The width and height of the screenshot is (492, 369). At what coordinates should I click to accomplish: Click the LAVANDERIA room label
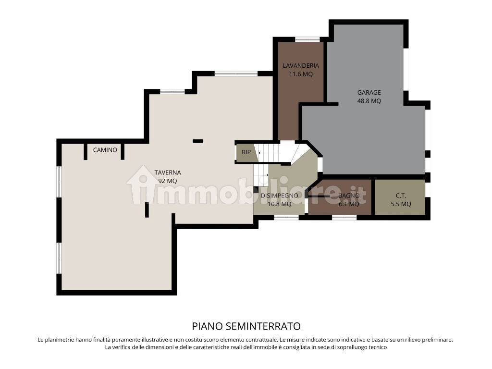(x=301, y=66)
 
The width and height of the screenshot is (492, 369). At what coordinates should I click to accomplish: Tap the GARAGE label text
(x=369, y=92)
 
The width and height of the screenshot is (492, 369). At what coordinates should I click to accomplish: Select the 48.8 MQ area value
(x=369, y=101)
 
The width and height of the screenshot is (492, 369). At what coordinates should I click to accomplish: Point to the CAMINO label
(x=105, y=150)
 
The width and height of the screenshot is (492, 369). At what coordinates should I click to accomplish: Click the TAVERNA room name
(x=168, y=172)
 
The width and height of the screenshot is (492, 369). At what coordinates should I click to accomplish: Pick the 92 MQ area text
(x=168, y=181)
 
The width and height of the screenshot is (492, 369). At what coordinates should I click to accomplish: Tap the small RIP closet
(x=246, y=152)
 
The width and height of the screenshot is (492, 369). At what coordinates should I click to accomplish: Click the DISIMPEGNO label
(x=279, y=196)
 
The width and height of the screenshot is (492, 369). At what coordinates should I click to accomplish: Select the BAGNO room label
(x=349, y=196)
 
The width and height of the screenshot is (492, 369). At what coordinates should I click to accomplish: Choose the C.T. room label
(x=400, y=196)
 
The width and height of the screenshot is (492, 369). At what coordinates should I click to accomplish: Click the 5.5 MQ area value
(x=400, y=204)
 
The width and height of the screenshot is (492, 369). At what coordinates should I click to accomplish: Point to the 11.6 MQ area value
(x=301, y=74)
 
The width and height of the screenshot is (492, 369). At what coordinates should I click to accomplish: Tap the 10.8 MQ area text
(x=279, y=204)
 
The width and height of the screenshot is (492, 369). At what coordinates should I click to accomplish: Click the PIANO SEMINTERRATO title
(x=246, y=327)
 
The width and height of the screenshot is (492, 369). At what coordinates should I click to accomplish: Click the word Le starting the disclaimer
(x=41, y=339)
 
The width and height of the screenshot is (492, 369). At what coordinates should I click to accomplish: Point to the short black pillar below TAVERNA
(x=147, y=209)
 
